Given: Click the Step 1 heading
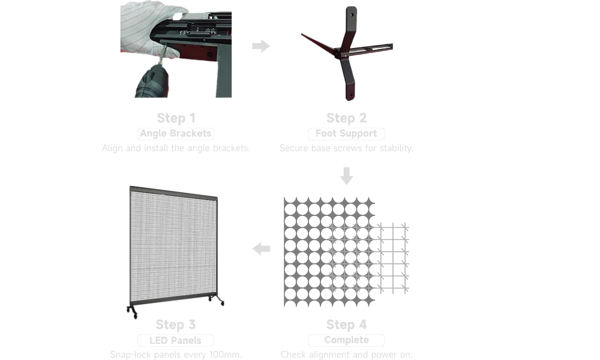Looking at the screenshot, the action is (x=176, y=118).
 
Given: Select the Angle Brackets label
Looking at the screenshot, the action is (x=176, y=134).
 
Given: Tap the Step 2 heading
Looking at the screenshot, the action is (x=346, y=118).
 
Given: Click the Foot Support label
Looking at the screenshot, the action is (x=346, y=134).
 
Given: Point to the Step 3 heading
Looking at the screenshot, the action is (x=176, y=325).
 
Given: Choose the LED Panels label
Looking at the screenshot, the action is (x=176, y=340).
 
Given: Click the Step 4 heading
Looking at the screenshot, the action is (x=346, y=325).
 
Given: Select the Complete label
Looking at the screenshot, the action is (x=346, y=340).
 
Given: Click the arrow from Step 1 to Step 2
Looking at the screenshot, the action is (x=261, y=46).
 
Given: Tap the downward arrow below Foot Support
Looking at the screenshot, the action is (x=346, y=176).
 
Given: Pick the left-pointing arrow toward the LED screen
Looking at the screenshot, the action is (x=262, y=248).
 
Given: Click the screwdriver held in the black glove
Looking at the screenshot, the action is (x=163, y=55).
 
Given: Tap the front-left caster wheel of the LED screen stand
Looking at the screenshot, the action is (x=134, y=315).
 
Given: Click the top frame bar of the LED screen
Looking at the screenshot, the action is (x=174, y=193).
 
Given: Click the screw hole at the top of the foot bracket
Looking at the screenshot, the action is (x=352, y=15).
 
